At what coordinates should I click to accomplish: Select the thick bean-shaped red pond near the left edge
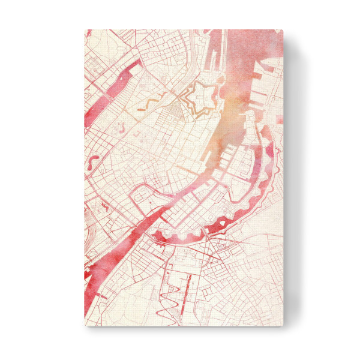tap(94, 162)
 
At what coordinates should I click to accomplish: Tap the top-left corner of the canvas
tap(85, 29)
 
